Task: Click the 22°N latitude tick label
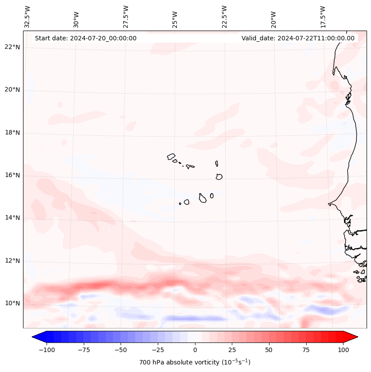click(x=12, y=47)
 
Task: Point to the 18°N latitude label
click(x=12, y=133)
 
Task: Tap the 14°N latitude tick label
click(x=12, y=218)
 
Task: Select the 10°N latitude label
click(x=12, y=303)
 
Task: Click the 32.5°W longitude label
click(x=27, y=16)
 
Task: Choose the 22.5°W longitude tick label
click(x=224, y=16)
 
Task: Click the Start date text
click(x=86, y=38)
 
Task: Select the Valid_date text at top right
click(x=298, y=38)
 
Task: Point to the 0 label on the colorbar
click(x=195, y=350)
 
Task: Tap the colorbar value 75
click(x=306, y=350)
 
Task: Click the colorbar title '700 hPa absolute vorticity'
click(x=195, y=362)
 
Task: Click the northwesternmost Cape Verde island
click(x=171, y=157)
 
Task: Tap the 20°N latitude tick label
click(x=12, y=90)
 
